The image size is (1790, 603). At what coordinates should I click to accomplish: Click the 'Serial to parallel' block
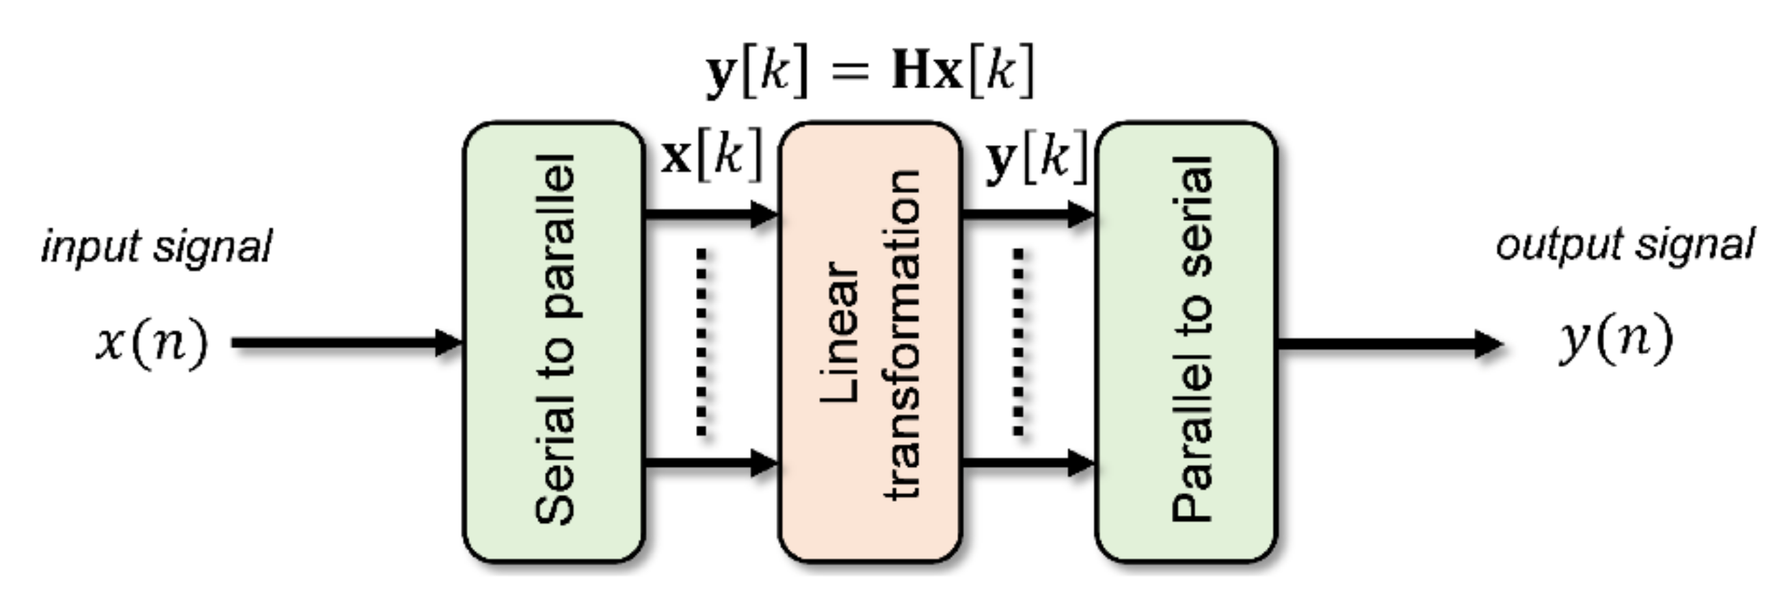554,341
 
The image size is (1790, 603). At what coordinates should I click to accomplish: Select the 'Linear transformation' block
870,341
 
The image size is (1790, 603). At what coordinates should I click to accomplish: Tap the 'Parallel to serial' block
1187,341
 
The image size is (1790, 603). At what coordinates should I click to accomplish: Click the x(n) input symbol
152,342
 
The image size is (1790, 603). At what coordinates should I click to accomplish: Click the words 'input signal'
157,247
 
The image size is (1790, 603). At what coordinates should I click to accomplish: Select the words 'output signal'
1625,245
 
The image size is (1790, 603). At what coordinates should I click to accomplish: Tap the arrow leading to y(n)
1390,344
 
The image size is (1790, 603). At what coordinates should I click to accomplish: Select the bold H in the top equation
911,71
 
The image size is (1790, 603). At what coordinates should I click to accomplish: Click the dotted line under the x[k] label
702,341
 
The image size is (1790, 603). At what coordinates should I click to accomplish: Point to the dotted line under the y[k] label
1019,341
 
